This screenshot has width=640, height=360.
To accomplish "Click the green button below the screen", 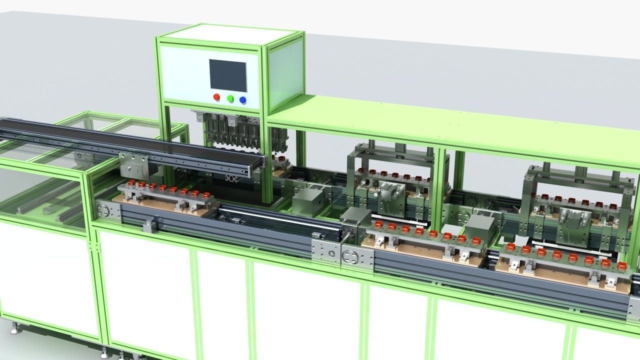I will pos(230,98).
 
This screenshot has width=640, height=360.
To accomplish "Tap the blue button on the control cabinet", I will pos(243,100).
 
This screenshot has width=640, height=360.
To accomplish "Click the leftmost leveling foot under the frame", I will pos(16,328).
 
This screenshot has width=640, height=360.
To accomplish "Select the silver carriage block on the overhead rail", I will pos(134,165).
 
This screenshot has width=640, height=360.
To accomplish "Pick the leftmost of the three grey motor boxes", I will pos(308,200).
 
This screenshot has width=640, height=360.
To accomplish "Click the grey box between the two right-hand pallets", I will pos(480,229).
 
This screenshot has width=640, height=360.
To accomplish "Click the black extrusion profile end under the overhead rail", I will pos(231,178).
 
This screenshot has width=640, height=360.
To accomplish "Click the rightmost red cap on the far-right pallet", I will pos(622,265).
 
